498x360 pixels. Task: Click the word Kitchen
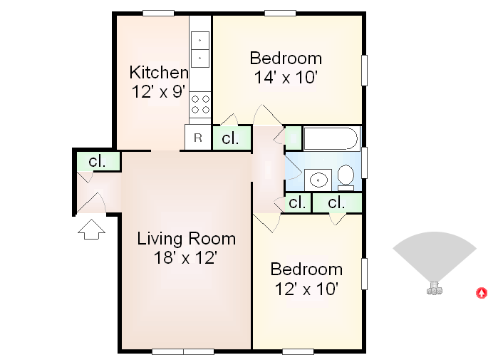click(158, 72)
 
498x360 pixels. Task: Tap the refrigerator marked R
click(198, 138)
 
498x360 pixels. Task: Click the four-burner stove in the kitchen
click(200, 105)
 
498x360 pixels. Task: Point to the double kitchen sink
click(200, 48)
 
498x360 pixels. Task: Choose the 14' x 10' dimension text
click(285, 77)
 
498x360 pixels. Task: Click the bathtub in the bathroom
click(331, 138)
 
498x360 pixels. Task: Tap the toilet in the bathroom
click(346, 175)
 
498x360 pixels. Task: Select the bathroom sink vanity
click(318, 179)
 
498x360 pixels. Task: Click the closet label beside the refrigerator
click(230, 138)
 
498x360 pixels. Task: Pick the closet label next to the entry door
click(97, 161)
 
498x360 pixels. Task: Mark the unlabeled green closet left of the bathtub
click(292, 137)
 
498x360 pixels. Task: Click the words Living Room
click(186, 238)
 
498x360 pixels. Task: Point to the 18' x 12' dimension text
click(186, 257)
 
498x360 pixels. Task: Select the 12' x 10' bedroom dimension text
click(306, 289)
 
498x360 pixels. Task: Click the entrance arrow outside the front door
click(90, 229)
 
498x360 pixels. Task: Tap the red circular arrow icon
click(482, 292)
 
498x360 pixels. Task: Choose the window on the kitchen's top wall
click(158, 13)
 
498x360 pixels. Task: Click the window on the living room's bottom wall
click(183, 351)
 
